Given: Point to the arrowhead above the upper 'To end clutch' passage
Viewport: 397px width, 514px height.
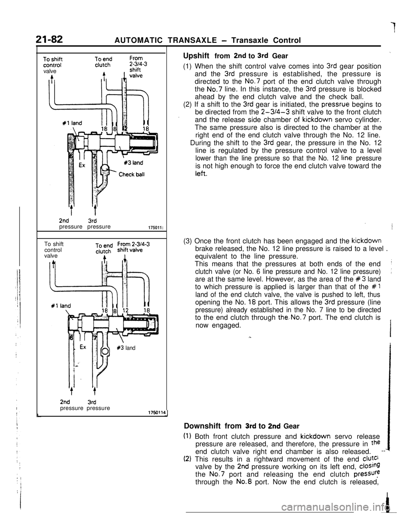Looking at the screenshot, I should coord(104,74).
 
